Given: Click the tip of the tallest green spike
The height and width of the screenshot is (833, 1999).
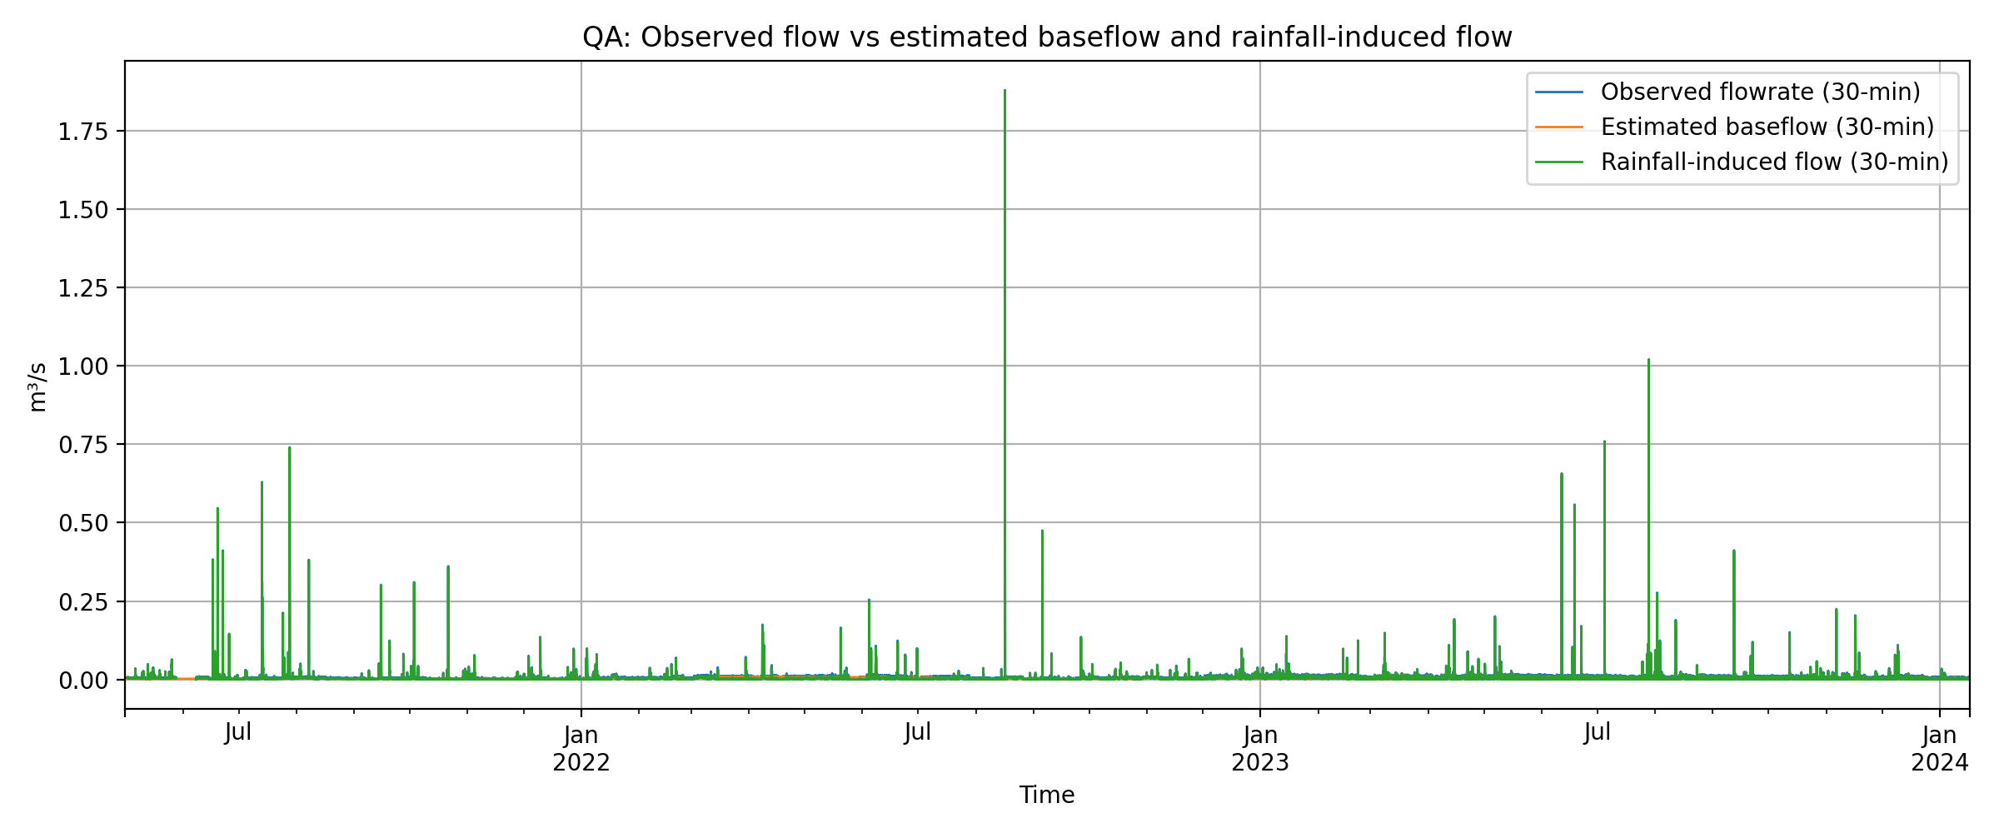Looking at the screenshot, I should [x=1004, y=91].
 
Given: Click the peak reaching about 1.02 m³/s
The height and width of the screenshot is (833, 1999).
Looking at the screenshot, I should [x=1648, y=361].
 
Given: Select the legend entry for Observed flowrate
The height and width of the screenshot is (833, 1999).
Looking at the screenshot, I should [x=1760, y=92].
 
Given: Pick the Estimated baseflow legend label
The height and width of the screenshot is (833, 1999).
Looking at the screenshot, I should [x=1767, y=127].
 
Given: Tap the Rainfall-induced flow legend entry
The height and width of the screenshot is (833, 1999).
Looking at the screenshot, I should [x=1774, y=162].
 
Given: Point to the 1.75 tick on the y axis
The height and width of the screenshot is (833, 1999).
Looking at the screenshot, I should [x=83, y=131].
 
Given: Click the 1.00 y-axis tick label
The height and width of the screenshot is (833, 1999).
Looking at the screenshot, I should [x=83, y=367].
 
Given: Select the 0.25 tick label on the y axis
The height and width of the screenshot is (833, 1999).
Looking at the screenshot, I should [x=83, y=601].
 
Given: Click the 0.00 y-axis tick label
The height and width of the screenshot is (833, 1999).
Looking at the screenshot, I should [x=83, y=681].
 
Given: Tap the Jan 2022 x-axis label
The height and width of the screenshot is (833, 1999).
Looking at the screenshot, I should [x=581, y=748].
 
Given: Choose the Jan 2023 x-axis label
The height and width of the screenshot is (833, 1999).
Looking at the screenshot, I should [x=1259, y=748].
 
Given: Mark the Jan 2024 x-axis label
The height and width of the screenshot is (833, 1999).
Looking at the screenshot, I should [x=1939, y=748].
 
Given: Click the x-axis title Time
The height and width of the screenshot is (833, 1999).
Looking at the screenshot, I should [x=1046, y=795].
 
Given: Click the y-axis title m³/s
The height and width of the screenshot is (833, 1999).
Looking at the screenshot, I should [x=37, y=387].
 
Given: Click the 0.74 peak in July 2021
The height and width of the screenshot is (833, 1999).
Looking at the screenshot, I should [x=289, y=448].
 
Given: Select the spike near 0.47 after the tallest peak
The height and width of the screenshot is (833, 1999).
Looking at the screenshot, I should [x=1042, y=531].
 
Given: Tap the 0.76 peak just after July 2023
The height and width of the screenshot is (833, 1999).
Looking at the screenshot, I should [x=1604, y=442].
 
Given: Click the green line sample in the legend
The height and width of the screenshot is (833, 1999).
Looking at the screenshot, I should [x=1559, y=162].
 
